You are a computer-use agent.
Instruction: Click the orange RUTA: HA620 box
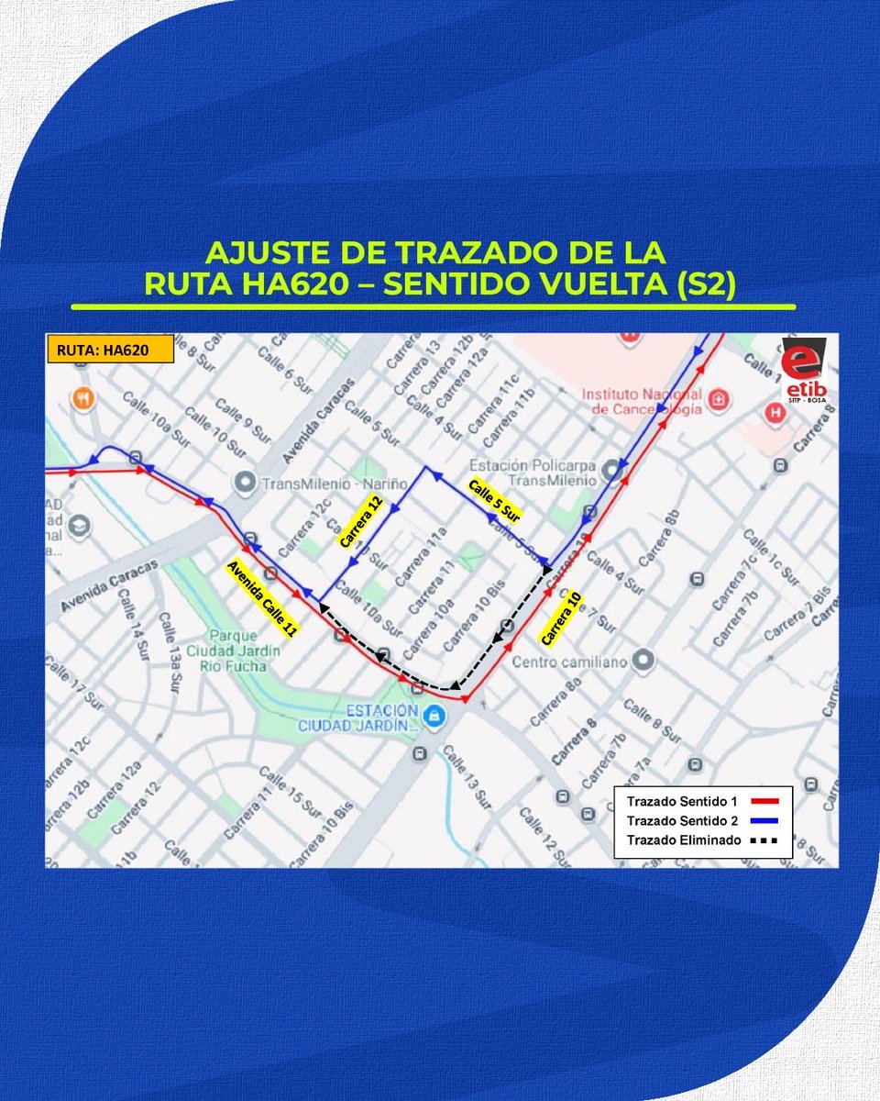110,350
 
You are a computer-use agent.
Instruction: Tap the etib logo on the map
804,371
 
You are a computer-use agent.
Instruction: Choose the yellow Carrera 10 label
561,618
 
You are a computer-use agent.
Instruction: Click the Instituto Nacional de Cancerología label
641,401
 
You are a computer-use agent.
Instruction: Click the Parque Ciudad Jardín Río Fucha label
237,650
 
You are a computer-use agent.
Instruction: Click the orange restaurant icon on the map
83,398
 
